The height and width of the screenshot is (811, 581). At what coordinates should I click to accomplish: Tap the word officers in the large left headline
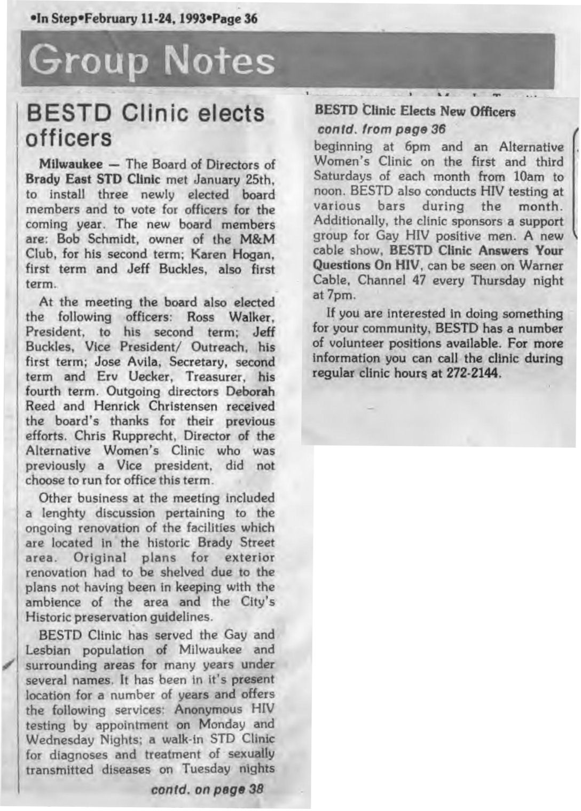point(69,138)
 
